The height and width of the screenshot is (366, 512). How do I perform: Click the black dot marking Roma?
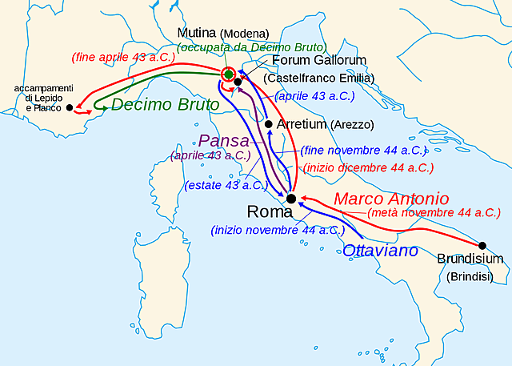coord(291,198)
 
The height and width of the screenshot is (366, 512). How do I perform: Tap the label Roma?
coord(271,212)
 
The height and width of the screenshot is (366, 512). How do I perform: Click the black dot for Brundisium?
coord(482,246)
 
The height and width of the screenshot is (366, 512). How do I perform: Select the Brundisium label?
coord(470,259)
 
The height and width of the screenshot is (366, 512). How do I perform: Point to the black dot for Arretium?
coord(268,124)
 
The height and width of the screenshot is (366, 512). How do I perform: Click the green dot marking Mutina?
coord(229,74)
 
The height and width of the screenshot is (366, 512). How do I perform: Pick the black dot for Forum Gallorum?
coord(238,82)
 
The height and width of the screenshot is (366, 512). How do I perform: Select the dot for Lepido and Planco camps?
coord(70,107)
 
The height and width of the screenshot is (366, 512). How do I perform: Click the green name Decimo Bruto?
coord(163,104)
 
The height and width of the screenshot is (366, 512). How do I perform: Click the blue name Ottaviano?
coord(380,251)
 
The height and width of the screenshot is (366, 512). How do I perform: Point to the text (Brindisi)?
coord(470,276)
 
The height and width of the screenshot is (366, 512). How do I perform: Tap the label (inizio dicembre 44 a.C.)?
coord(368,168)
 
